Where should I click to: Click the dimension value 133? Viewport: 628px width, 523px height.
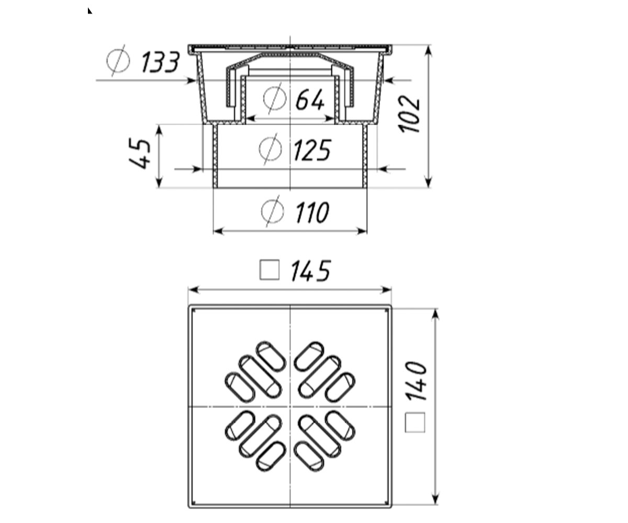tap(160, 62)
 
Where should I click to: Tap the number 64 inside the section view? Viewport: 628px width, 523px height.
tap(310, 99)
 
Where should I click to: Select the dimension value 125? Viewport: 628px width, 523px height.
tap(312, 150)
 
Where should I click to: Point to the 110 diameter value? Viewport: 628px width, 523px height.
tap(312, 212)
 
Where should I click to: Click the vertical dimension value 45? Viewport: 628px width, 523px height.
tap(139, 153)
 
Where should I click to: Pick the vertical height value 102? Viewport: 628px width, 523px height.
tap(409, 114)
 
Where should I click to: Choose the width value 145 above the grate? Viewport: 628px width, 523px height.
tap(311, 271)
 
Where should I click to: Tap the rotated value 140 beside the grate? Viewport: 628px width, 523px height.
tap(416, 381)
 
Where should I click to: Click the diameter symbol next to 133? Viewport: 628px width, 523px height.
tap(118, 61)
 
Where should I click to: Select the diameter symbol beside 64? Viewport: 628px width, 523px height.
tap(275, 98)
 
